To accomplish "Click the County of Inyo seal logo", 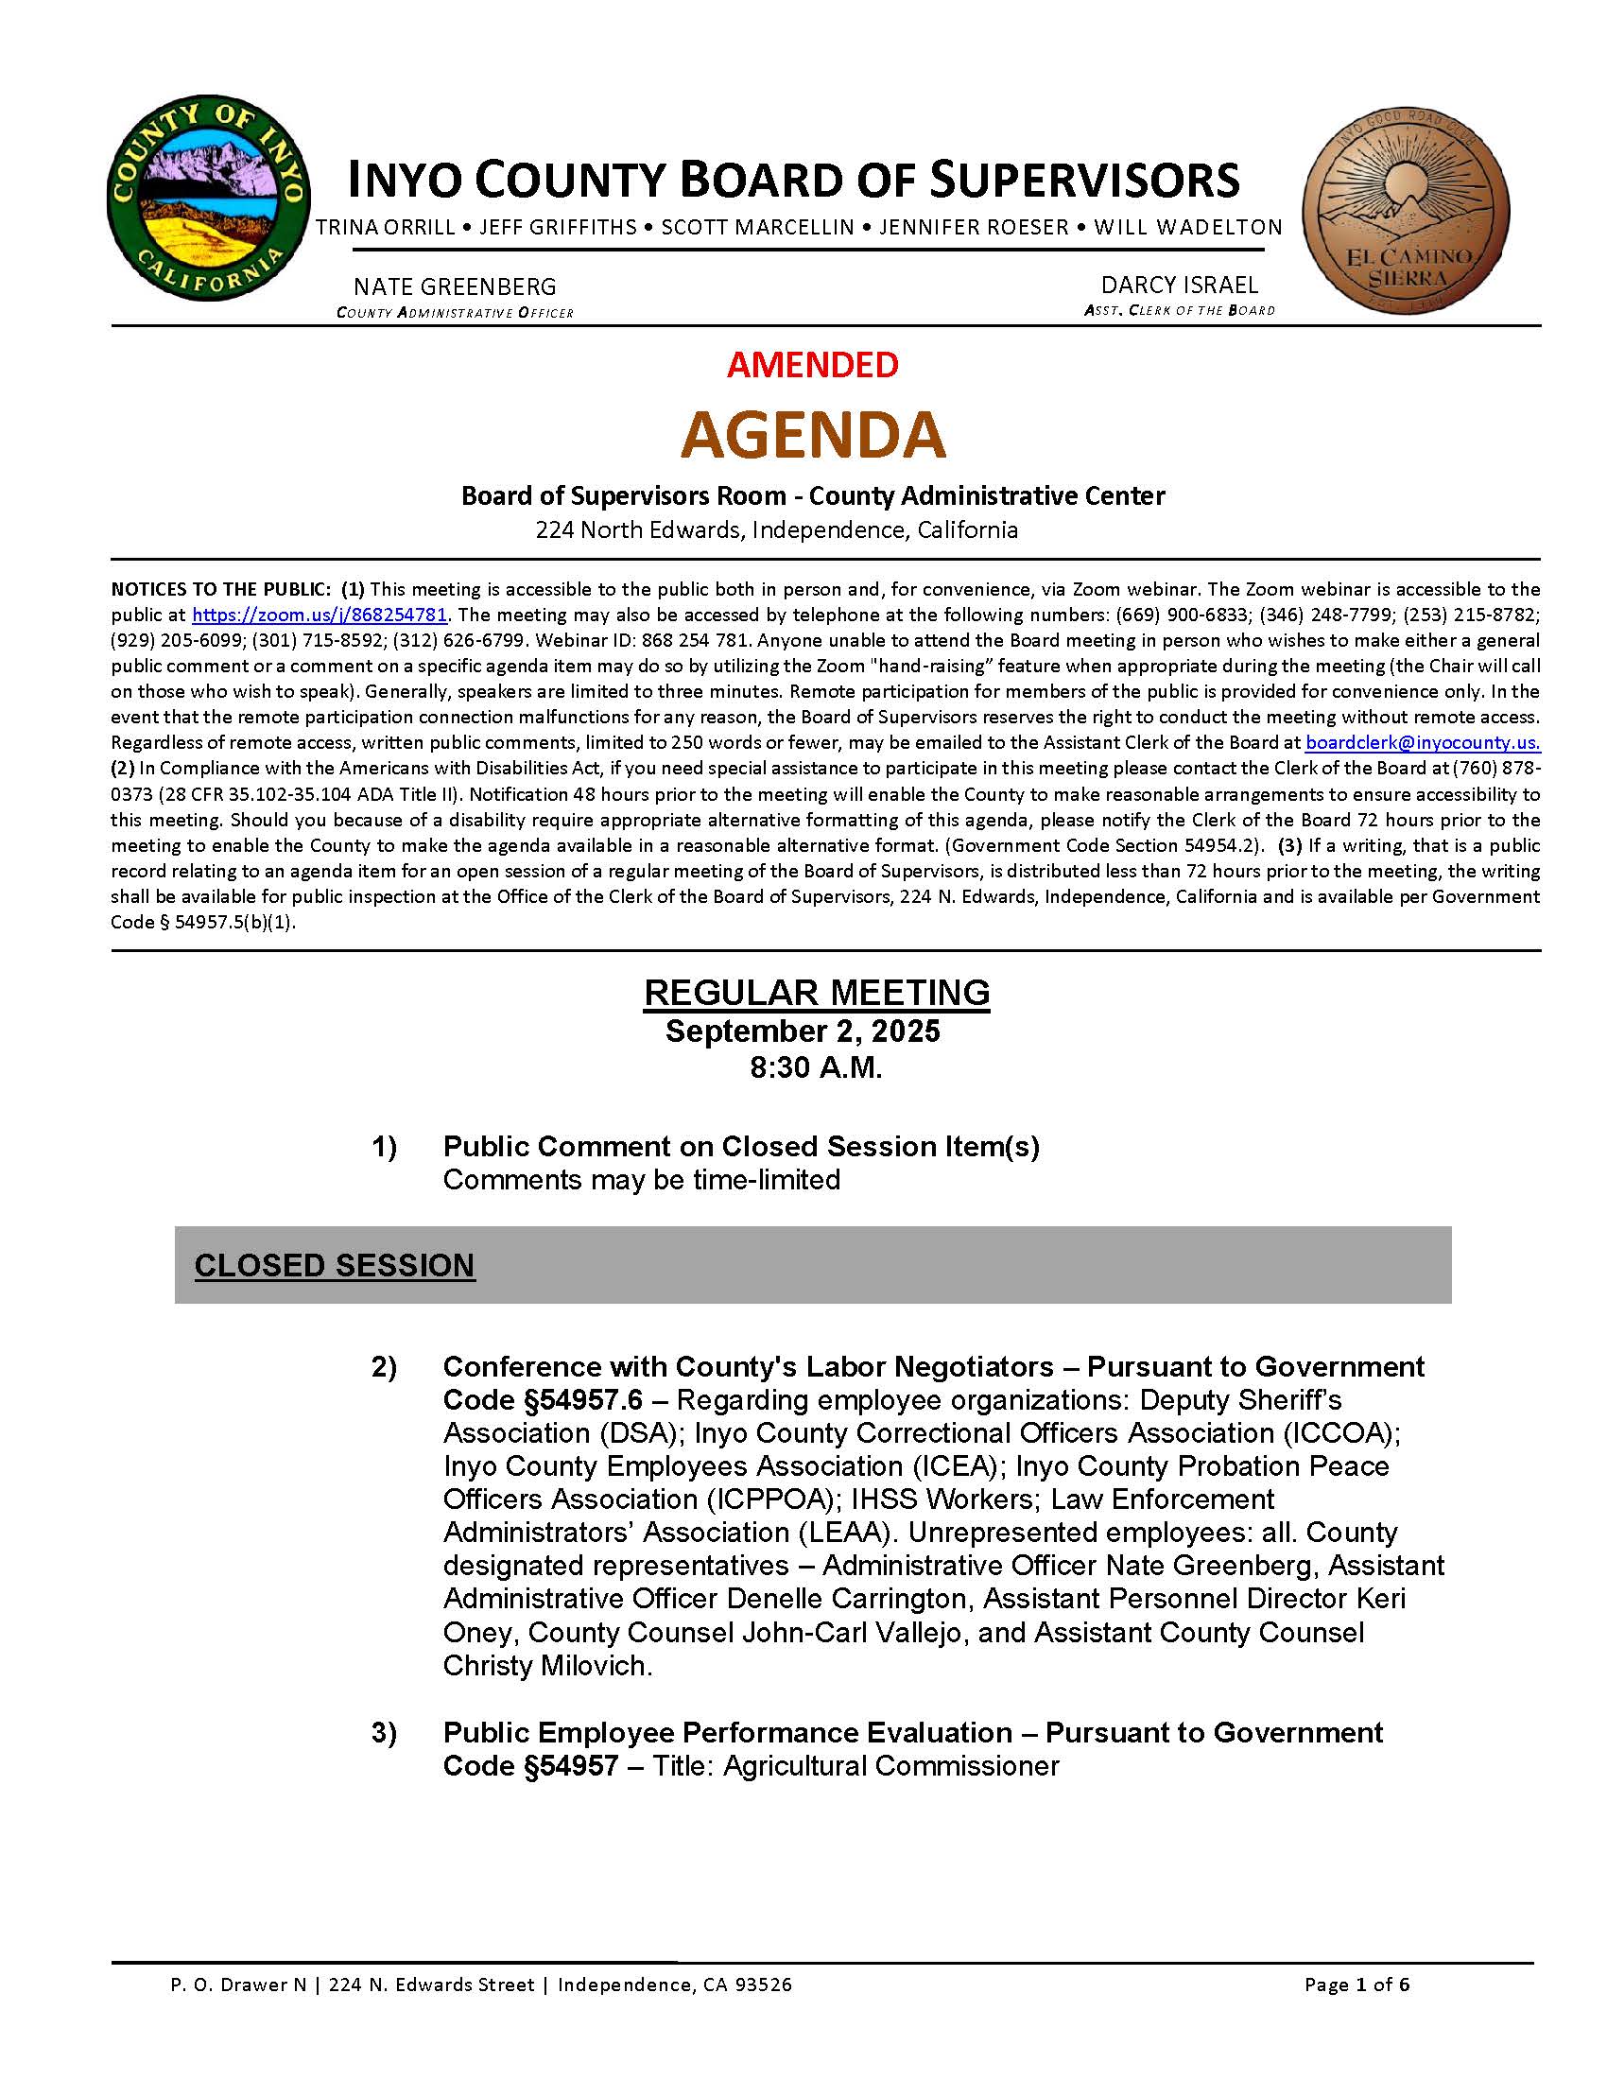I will tap(209, 198).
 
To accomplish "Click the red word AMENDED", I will tap(812, 365).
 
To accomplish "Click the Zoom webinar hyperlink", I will tap(320, 615).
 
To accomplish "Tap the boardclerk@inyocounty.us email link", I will tap(1423, 743).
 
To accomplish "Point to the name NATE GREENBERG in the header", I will tap(455, 286).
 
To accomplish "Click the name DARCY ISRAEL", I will tap(1179, 285).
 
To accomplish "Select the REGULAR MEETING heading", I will tap(817, 993).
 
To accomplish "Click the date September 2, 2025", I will tap(803, 1031).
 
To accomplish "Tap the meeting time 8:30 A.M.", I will tap(816, 1067).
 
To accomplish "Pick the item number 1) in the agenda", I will tap(384, 1147).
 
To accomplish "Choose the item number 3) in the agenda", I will tap(384, 1732).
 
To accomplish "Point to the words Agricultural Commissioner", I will tap(890, 1766).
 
